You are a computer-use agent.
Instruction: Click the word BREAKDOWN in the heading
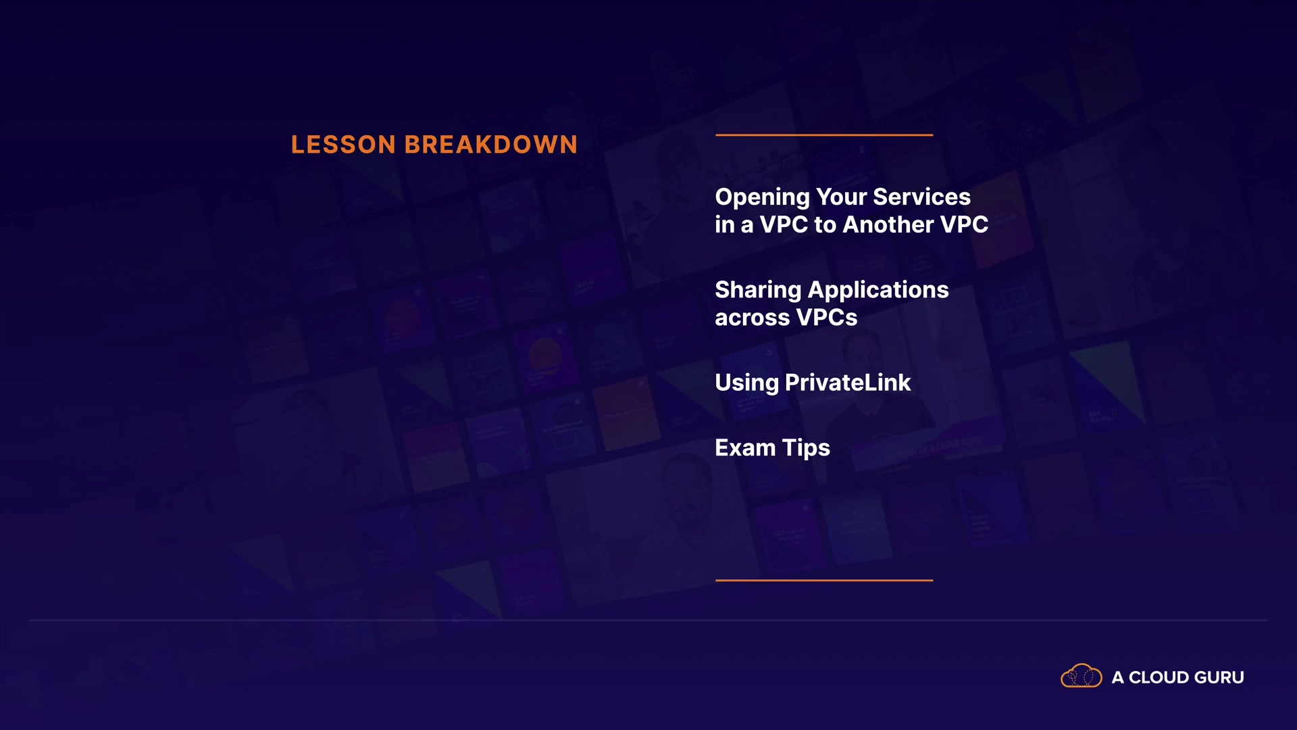[x=491, y=145]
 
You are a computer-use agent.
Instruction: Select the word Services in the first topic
[x=922, y=197]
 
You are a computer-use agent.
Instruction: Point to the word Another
[x=888, y=224]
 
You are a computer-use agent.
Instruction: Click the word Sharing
[x=759, y=291]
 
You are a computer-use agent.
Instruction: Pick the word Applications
[x=879, y=291]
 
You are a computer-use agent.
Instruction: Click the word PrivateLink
[x=848, y=383]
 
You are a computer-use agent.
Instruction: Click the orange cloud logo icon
[x=1082, y=676]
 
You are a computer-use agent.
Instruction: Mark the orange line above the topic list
[x=824, y=135]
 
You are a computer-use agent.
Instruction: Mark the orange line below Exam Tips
[x=824, y=580]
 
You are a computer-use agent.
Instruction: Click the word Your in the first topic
[x=842, y=197]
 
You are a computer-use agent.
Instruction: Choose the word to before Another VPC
[x=825, y=225]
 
